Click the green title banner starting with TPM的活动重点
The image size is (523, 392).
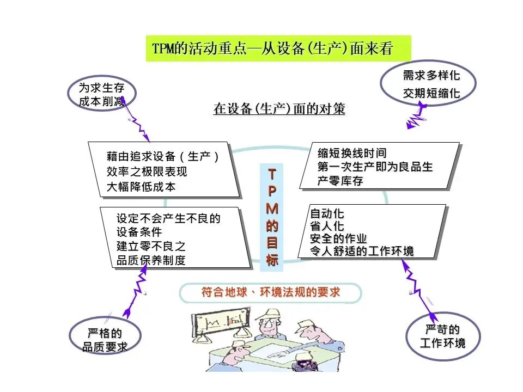(278, 48)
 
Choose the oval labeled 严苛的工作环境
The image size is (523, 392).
(443, 336)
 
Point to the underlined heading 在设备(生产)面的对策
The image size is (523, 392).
(279, 109)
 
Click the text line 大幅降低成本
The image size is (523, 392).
(141, 187)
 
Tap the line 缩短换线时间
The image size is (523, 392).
(352, 153)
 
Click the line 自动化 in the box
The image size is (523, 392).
(327, 213)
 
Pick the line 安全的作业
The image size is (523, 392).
(338, 238)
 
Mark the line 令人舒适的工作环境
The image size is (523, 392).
(362, 251)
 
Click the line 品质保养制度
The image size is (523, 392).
(151, 260)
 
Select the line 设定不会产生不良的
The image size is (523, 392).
(168, 219)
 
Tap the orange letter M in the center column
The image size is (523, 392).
(272, 209)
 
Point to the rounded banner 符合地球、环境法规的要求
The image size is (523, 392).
(270, 293)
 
